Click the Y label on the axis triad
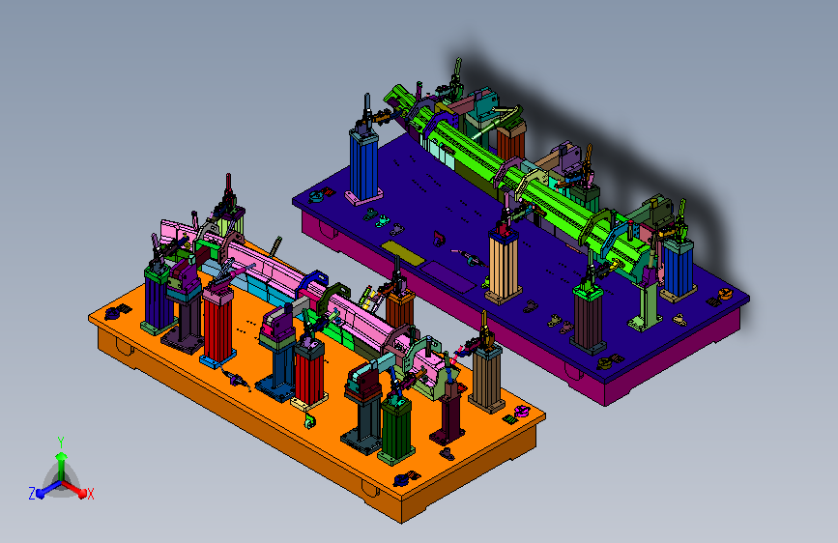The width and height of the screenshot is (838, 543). pos(61,443)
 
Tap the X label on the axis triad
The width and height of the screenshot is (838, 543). pos(90,494)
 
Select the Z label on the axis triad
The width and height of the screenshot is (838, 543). pos(32,494)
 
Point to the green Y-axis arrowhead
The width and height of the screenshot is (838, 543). pos(62,456)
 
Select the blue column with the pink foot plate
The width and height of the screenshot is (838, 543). pos(364,165)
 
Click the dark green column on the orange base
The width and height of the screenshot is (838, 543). pos(396,430)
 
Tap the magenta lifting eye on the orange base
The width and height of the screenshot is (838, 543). pos(521,411)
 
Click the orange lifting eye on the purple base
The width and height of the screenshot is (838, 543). pos(724,293)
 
